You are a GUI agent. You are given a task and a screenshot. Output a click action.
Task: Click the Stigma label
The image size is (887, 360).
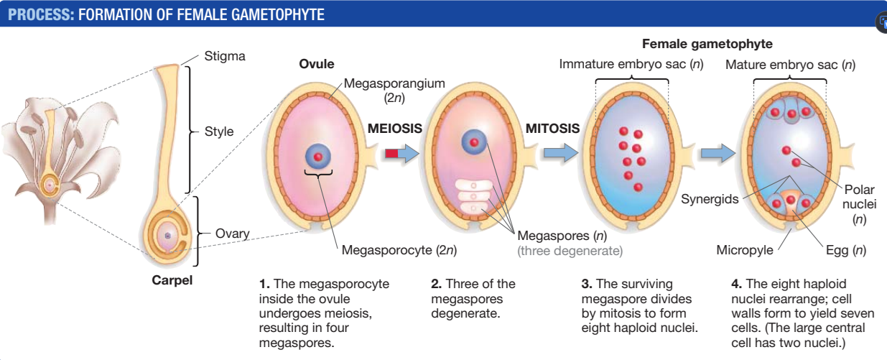tap(225, 57)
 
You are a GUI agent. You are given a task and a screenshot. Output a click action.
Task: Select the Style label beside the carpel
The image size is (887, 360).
tap(218, 132)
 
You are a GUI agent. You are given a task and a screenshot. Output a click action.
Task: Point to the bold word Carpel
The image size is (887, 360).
tap(172, 280)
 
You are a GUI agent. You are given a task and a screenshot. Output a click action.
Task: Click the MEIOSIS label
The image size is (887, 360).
tap(394, 129)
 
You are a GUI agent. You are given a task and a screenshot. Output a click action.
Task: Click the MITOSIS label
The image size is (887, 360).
tap(552, 129)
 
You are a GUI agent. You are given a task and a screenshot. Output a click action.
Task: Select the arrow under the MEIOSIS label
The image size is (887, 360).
tap(401, 152)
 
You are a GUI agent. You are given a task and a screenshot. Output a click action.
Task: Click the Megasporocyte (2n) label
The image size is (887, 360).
tap(399, 251)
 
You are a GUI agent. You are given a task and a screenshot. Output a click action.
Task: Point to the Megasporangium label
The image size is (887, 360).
tap(394, 85)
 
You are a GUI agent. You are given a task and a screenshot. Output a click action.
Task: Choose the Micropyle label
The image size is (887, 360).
tap(745, 251)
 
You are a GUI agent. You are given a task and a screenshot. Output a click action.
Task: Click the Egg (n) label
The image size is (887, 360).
tap(845, 251)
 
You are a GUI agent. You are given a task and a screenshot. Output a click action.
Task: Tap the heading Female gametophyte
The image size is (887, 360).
tap(707, 44)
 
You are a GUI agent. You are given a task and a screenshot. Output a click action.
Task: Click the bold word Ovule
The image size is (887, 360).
tap(317, 64)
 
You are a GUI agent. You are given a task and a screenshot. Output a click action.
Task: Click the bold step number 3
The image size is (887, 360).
tap(585, 284)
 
